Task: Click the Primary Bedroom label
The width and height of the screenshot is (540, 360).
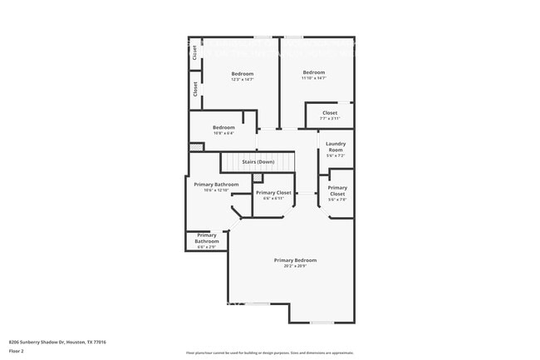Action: [295, 260]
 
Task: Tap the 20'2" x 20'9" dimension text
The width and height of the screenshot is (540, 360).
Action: [295, 266]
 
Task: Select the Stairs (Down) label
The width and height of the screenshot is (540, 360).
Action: [258, 161]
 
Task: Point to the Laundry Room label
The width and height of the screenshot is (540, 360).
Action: [335, 146]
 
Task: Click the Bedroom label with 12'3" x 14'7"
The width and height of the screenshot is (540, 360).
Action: [242, 74]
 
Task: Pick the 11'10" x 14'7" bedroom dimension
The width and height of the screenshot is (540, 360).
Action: [314, 78]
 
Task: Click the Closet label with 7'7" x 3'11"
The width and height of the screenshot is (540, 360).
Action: [330, 112]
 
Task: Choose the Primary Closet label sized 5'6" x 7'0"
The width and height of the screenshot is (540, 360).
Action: [337, 191]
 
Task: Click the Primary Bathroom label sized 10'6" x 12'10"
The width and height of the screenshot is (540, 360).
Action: [215, 185]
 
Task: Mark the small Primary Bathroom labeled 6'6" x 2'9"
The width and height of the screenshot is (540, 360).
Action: [207, 239]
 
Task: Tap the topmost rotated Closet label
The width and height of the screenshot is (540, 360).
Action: [194, 52]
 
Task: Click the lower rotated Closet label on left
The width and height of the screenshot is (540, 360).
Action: [195, 89]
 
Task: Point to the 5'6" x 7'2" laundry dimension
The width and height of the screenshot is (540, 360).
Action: [335, 155]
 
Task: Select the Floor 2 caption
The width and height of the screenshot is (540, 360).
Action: [17, 350]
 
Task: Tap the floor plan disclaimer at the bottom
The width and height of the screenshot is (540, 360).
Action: [269, 354]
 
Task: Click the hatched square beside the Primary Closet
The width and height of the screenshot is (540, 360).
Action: [258, 178]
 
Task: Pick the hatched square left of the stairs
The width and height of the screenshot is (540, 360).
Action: [196, 147]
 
